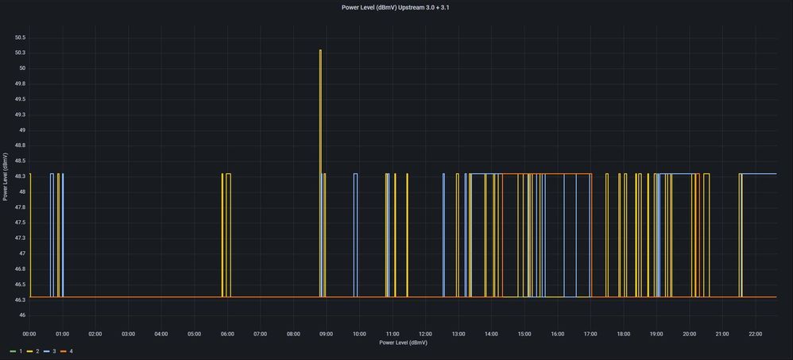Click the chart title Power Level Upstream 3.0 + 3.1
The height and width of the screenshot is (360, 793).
point(396,7)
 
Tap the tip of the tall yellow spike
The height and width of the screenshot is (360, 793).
point(320,51)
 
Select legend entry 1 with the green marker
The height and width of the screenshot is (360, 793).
point(15,350)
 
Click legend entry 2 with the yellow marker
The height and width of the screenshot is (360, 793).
point(35,350)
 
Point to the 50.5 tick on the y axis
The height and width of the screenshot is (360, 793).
point(20,37)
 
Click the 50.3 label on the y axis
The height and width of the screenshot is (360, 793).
point(20,53)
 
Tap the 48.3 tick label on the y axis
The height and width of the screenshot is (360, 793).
point(20,176)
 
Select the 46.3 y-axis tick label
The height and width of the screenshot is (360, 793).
point(20,300)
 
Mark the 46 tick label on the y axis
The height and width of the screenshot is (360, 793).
point(22,315)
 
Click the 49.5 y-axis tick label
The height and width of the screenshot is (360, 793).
point(20,99)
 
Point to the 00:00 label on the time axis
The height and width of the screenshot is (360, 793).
point(29,334)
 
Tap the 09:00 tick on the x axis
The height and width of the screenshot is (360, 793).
point(326,334)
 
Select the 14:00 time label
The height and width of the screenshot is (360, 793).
point(491,334)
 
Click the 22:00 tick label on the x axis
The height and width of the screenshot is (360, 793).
point(755,334)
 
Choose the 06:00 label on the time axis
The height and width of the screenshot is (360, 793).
point(227,334)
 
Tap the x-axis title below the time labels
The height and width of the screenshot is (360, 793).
point(403,343)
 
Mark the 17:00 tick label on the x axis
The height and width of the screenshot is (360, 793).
point(590,334)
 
